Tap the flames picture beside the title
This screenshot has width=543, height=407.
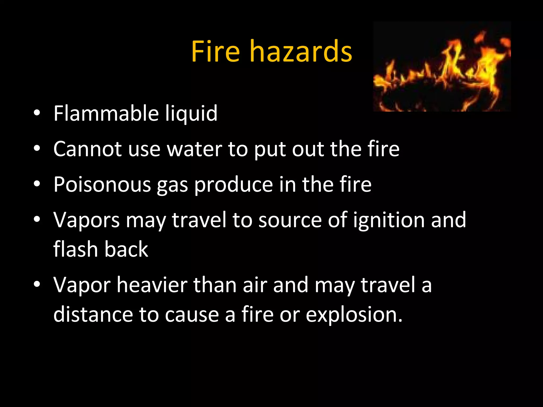(x=442, y=66)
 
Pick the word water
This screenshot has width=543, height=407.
(x=194, y=149)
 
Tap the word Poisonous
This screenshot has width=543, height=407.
(x=102, y=184)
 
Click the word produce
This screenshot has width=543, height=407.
(x=234, y=185)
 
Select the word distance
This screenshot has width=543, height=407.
(x=93, y=315)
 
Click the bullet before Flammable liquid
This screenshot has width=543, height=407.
(x=37, y=113)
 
